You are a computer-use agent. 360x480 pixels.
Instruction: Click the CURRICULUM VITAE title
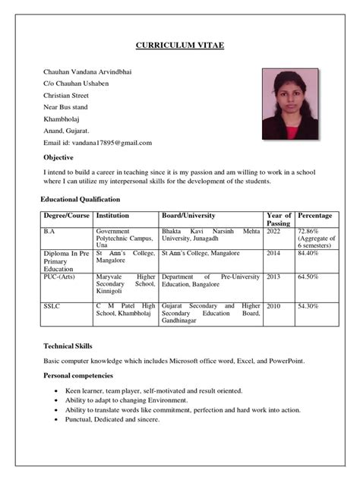tap(180, 46)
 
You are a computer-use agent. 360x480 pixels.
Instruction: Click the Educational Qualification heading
tap(80, 199)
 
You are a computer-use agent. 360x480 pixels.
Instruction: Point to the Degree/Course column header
tap(67, 216)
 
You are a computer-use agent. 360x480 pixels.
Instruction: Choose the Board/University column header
tap(188, 216)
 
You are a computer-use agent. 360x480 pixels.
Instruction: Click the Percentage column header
tap(314, 216)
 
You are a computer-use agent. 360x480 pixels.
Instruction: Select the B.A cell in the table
tap(49, 231)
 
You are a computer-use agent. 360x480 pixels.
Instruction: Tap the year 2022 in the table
tap(273, 231)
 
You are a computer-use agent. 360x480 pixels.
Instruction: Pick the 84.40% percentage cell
tap(308, 254)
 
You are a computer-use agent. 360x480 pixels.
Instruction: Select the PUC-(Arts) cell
tap(62, 277)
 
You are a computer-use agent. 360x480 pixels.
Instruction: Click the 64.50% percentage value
tap(308, 277)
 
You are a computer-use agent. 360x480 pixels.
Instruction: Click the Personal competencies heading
tap(78, 375)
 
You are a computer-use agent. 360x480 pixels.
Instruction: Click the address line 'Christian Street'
tap(66, 95)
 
